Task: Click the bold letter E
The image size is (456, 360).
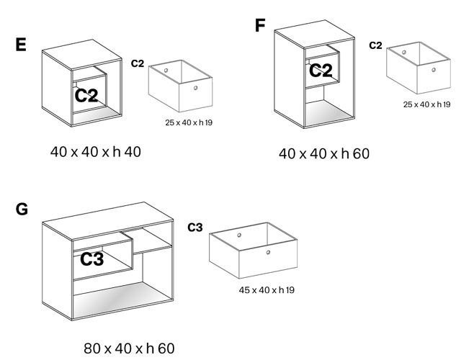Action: (x=21, y=45)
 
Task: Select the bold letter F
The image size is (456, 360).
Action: (x=260, y=26)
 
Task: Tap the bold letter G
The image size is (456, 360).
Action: (x=22, y=210)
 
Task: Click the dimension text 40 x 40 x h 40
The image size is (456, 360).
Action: (x=96, y=153)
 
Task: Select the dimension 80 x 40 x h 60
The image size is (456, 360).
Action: (x=128, y=348)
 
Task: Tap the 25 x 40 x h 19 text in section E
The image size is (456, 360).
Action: (x=188, y=122)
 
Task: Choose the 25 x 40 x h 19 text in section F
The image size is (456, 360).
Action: (x=426, y=105)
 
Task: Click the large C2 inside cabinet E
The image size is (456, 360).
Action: (x=86, y=96)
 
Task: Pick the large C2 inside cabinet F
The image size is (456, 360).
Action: (x=321, y=71)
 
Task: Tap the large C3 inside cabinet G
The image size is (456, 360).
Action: (x=91, y=259)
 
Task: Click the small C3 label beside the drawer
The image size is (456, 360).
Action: (x=195, y=228)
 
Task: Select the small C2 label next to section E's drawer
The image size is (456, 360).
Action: (x=138, y=63)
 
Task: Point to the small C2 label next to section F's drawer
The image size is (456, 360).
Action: (x=375, y=45)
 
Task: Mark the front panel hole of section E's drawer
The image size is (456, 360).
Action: (x=195, y=87)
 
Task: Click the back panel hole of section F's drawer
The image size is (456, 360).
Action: (x=404, y=52)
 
